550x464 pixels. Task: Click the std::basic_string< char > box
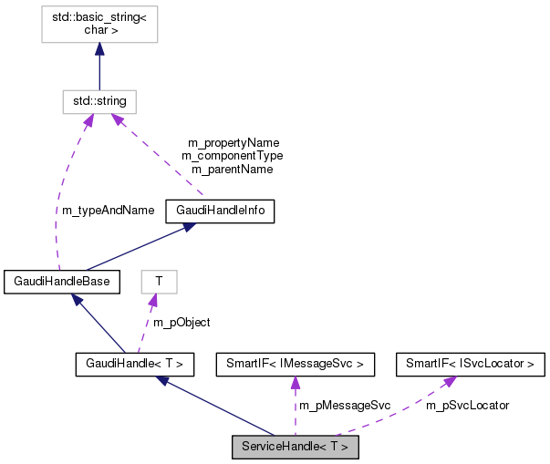tap(99, 22)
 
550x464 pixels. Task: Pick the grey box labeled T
tap(159, 282)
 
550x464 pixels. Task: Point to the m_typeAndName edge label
tap(108, 211)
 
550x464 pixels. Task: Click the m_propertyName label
tap(233, 143)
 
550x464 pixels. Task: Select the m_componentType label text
tap(232, 156)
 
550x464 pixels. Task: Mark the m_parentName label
tap(232, 169)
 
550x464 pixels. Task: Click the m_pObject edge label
tap(181, 323)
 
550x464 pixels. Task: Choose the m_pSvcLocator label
tap(467, 405)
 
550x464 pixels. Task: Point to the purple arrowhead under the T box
tap(153, 301)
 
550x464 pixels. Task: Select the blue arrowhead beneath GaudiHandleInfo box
tap(187, 228)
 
